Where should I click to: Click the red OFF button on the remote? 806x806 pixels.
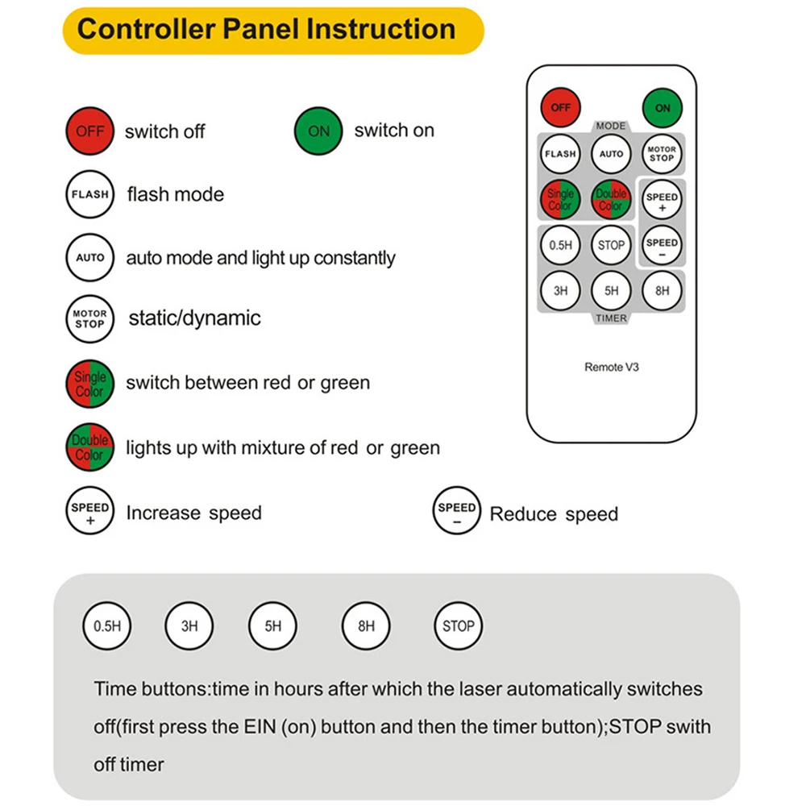(x=561, y=107)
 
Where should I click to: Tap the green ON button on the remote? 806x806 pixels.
(x=663, y=107)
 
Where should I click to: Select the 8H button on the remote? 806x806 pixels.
(x=663, y=291)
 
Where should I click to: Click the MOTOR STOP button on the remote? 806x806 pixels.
(x=663, y=153)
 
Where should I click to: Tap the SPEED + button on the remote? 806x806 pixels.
(x=663, y=201)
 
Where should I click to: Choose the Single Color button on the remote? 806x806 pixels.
(x=561, y=200)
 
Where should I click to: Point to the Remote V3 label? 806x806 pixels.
(x=612, y=367)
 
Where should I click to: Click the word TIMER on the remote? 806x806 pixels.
(x=612, y=318)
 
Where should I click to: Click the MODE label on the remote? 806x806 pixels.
(x=611, y=127)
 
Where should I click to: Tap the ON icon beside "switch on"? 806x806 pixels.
(x=319, y=131)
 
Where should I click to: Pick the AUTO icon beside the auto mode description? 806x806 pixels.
(x=89, y=258)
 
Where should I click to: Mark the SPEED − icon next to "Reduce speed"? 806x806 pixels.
(x=457, y=513)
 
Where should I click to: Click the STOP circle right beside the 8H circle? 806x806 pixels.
(x=459, y=625)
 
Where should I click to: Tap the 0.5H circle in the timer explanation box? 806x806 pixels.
(x=107, y=625)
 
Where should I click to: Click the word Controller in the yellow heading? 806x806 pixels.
(x=147, y=30)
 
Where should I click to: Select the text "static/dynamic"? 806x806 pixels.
(x=194, y=318)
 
